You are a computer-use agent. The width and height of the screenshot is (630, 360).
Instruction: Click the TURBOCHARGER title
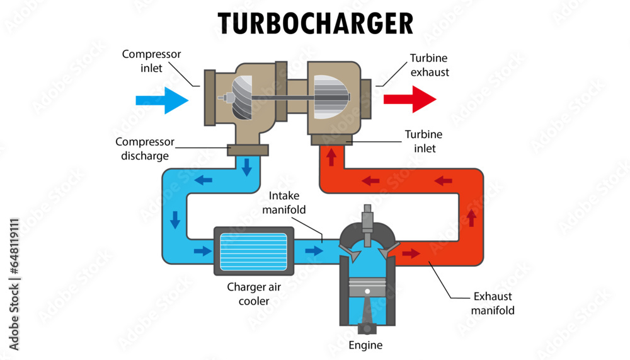pyautogui.click(x=316, y=23)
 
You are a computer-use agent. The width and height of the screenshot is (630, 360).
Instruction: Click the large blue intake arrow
pyautogui.click(x=162, y=100)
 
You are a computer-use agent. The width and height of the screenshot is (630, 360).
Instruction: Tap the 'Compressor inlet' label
pyautogui.click(x=151, y=61)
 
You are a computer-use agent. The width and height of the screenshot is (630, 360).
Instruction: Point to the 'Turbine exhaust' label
pyautogui.click(x=430, y=65)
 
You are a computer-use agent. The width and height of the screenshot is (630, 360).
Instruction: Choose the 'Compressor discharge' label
pyautogui.click(x=145, y=149)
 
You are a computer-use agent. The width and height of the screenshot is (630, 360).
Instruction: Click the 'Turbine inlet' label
pyautogui.click(x=423, y=141)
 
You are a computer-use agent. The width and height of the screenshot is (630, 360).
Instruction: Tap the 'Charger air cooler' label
pyautogui.click(x=254, y=294)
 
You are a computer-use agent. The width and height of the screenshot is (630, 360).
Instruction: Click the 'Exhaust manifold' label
pyautogui.click(x=493, y=303)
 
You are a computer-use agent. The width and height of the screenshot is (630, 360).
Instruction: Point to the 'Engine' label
pyautogui.click(x=365, y=345)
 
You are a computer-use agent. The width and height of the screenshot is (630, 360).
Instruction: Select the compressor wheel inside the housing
pyautogui.click(x=241, y=98)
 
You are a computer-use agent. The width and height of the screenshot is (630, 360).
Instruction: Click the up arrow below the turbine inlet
pyautogui.click(x=331, y=156)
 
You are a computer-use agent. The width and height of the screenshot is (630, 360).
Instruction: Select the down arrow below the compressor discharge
pyautogui.click(x=247, y=166)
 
